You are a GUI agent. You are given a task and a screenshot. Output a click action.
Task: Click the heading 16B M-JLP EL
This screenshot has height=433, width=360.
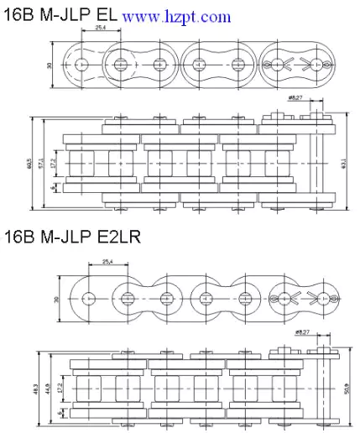tap(60, 15)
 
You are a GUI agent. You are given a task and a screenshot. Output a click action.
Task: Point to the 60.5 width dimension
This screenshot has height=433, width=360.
tap(29, 159)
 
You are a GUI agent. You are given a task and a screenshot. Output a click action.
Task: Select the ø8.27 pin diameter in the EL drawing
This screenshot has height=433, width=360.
tap(295, 98)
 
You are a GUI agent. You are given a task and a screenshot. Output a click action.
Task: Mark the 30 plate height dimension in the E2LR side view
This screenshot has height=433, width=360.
tap(57, 298)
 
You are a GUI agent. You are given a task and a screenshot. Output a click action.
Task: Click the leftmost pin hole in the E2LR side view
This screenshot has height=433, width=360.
tap(88, 297)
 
